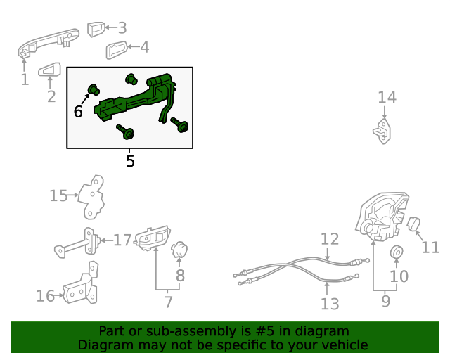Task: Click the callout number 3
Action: pos(122,28)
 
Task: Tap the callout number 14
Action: pos(387,97)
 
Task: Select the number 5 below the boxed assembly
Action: pos(130,161)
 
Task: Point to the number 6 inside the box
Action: pos(78,111)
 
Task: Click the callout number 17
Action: pos(122,240)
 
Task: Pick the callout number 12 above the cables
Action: pos(330,239)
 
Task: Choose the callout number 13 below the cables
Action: pos(330,304)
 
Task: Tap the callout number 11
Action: pos(430,247)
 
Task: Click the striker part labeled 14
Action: pos(382,131)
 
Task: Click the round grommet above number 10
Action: pos(397,252)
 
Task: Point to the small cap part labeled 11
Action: pos(414,224)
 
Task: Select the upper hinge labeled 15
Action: pos(91,197)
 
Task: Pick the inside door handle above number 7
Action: pos(152,238)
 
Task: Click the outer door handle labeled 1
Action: pos(47,43)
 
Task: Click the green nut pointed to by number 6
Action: pos(94,89)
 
